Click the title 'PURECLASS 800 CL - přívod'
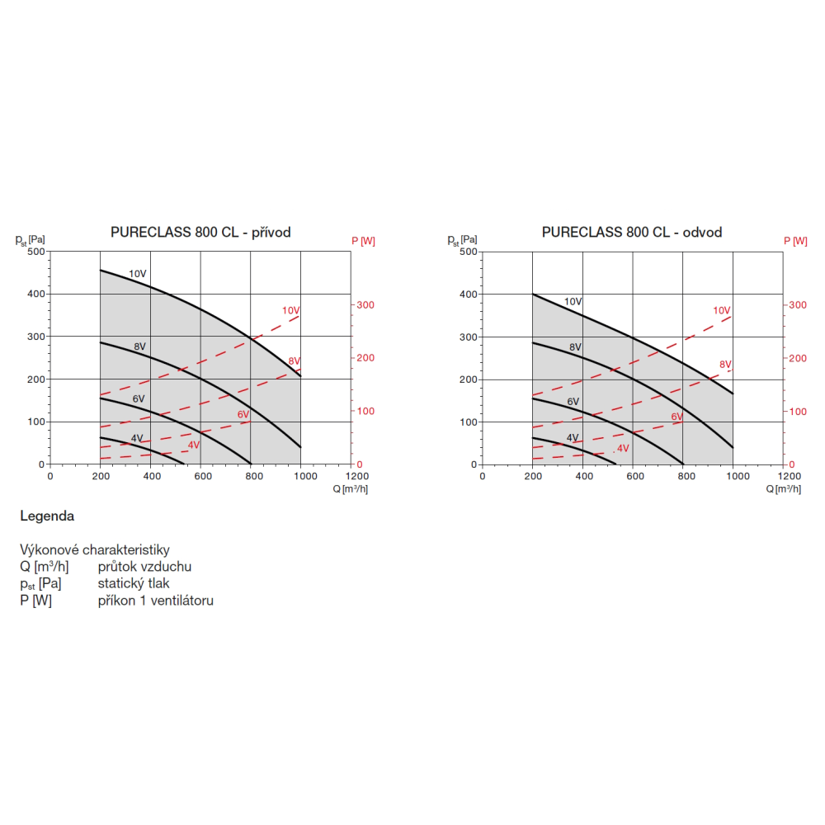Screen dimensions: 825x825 pyautogui.click(x=200, y=233)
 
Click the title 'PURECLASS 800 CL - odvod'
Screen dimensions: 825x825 pyautogui.click(x=632, y=233)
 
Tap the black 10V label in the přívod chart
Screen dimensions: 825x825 pyautogui.click(x=137, y=273)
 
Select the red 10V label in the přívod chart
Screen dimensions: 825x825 pyautogui.click(x=290, y=310)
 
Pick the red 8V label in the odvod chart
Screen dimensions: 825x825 pyautogui.click(x=726, y=364)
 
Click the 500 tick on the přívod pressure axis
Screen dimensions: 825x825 pyautogui.click(x=35, y=251)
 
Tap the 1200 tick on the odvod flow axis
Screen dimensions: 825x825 pyautogui.click(x=790, y=476)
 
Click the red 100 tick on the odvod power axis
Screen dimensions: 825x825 pyautogui.click(x=797, y=411)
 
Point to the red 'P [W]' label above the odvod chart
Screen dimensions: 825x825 pyautogui.click(x=795, y=241)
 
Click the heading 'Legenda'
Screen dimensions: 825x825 pyautogui.click(x=47, y=516)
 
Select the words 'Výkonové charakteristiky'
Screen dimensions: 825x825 pyautogui.click(x=95, y=549)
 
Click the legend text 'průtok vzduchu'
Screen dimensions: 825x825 pyautogui.click(x=144, y=567)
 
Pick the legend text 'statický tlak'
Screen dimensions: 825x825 pyautogui.click(x=132, y=583)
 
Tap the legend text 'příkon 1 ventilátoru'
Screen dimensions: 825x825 pyautogui.click(x=155, y=601)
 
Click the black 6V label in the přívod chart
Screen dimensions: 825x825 pyautogui.click(x=139, y=399)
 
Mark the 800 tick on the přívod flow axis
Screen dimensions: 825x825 pyautogui.click(x=251, y=476)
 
